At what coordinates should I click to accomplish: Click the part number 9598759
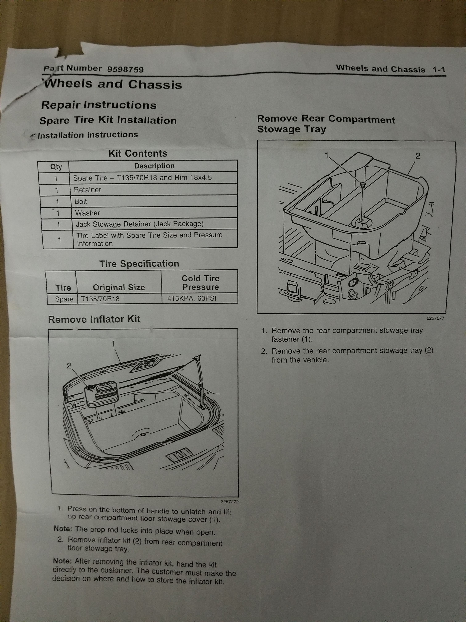[125, 69]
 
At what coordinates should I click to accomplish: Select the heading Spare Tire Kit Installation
[108, 120]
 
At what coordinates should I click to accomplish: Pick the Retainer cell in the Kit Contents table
[87, 190]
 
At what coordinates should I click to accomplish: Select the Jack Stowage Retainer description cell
[140, 224]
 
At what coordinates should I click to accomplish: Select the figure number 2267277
[435, 318]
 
